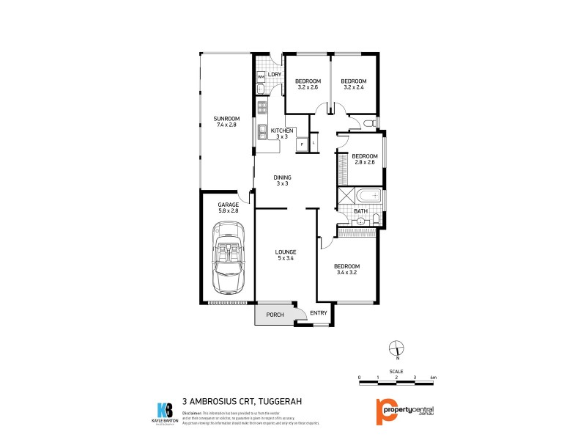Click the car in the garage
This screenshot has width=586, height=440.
pos(228,260)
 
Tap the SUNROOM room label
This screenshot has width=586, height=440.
pos(226,122)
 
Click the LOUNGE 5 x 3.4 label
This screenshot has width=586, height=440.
pos(286,256)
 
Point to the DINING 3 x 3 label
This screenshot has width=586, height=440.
pos(282,180)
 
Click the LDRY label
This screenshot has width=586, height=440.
pos(275,75)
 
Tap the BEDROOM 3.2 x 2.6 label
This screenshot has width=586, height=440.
pos(308,84)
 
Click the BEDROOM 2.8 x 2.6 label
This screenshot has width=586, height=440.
pos(364,159)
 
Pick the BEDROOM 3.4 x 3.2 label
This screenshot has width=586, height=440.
pos(346,269)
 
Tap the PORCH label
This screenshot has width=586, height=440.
pos(275,315)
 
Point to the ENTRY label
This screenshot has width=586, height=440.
pos(318,314)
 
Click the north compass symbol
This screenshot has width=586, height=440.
pos(396,348)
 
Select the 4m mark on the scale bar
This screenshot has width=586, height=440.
pos(434,377)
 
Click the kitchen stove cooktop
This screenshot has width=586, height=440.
pos(262,110)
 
